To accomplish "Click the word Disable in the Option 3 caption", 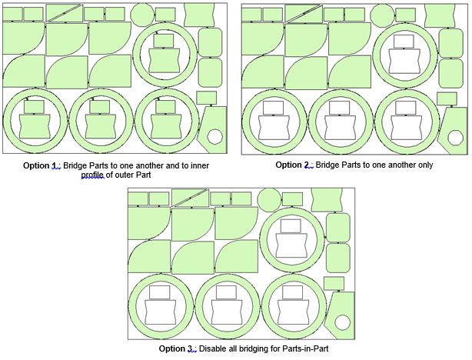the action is point(210,348).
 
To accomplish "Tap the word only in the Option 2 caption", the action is point(426,165).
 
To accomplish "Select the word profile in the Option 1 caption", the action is point(93,175).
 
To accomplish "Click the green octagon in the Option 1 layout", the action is point(143,14).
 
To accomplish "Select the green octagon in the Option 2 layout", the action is point(382,15).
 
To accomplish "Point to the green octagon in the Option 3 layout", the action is point(269,199).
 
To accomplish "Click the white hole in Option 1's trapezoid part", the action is point(215,137).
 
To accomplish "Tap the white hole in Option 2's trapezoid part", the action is point(455,138).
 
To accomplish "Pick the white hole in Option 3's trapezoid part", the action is point(342,322).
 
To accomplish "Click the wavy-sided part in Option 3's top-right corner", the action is point(327,200).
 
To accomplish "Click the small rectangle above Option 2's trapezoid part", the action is point(447,98).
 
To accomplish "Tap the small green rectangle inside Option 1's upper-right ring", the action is point(164,41).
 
